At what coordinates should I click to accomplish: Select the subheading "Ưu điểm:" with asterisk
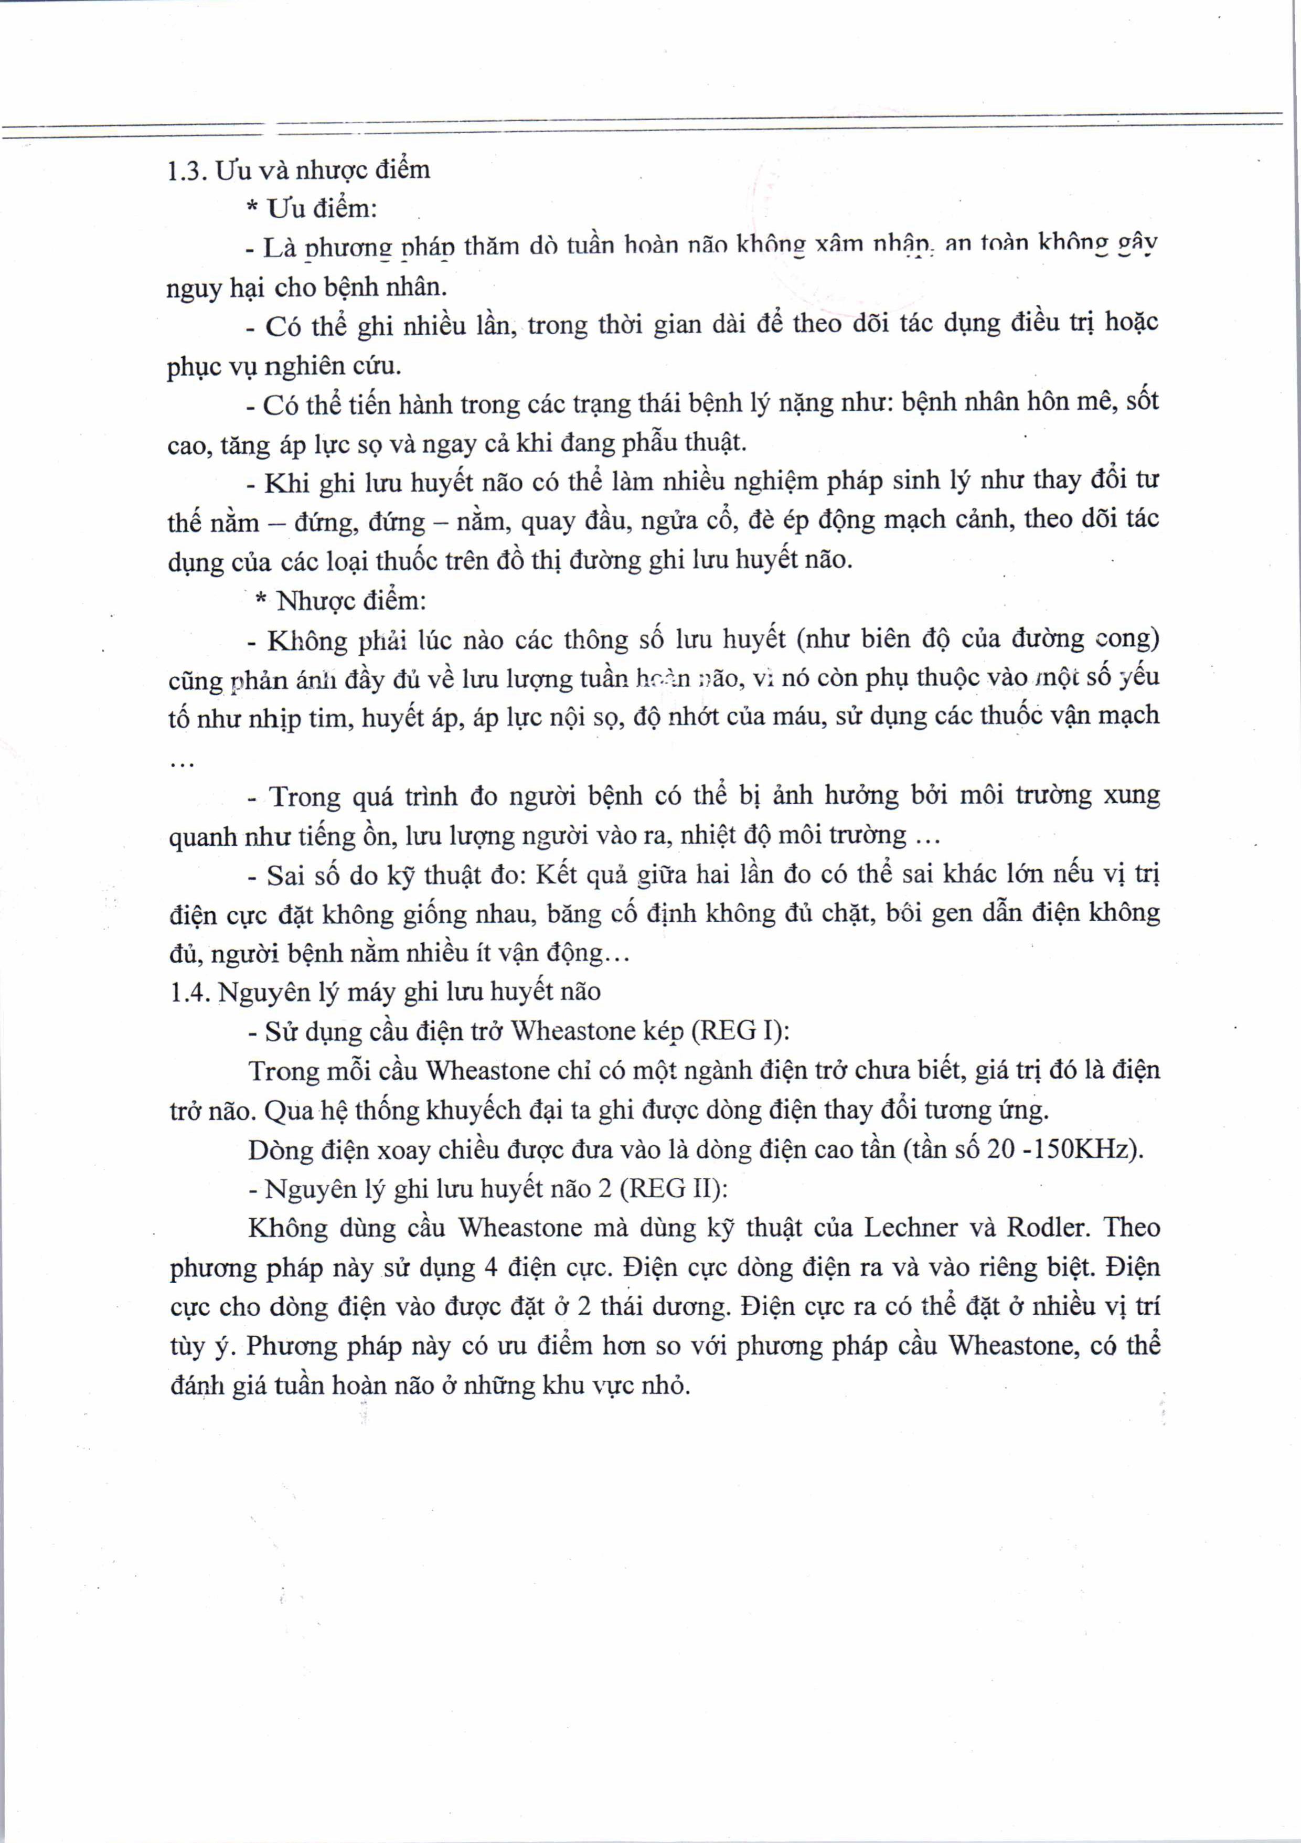pyautogui.click(x=312, y=209)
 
